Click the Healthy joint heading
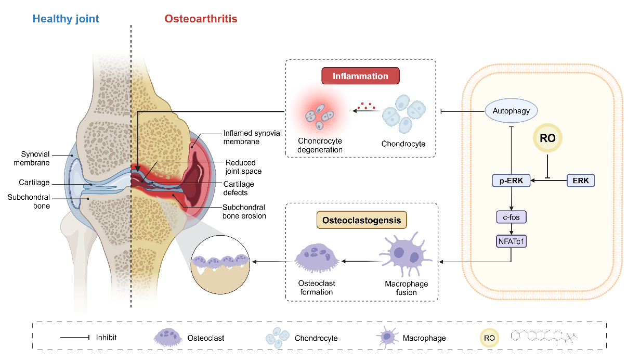point(66,19)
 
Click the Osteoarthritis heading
point(201,19)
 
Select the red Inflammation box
point(360,76)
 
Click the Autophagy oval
point(511,111)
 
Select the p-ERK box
point(511,181)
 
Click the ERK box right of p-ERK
point(580,181)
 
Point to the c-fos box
point(511,215)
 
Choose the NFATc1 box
point(511,240)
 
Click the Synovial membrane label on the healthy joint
point(35,159)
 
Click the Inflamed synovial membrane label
point(252,137)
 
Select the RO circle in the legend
point(489,338)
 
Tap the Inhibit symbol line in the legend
point(75,338)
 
